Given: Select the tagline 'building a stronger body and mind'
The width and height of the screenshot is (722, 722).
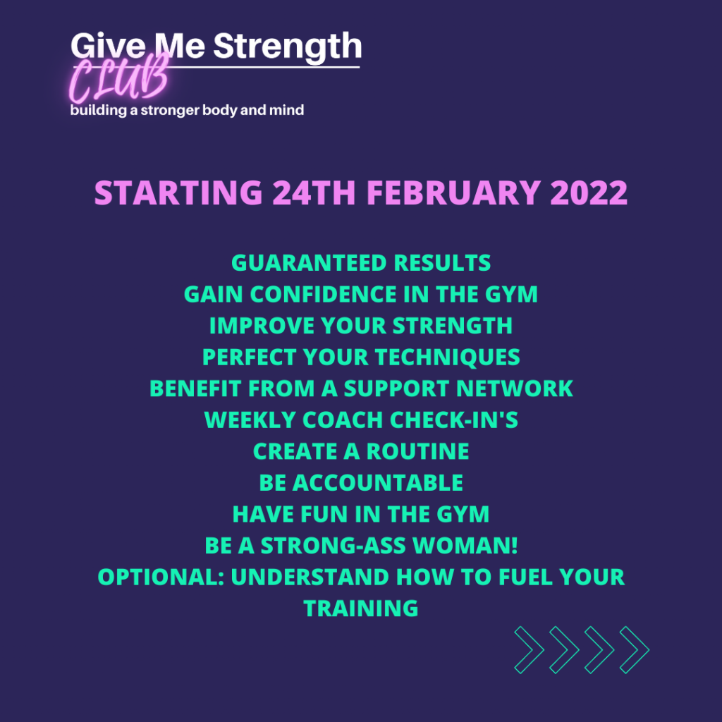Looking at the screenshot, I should (x=187, y=111).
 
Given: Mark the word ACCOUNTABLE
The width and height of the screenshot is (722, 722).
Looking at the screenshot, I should (x=377, y=483).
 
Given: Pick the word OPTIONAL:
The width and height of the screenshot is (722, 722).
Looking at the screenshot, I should (x=160, y=577).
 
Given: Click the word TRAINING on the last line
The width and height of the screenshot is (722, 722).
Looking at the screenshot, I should (x=361, y=608).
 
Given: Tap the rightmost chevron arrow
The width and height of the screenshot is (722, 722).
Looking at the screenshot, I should (x=635, y=648).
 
